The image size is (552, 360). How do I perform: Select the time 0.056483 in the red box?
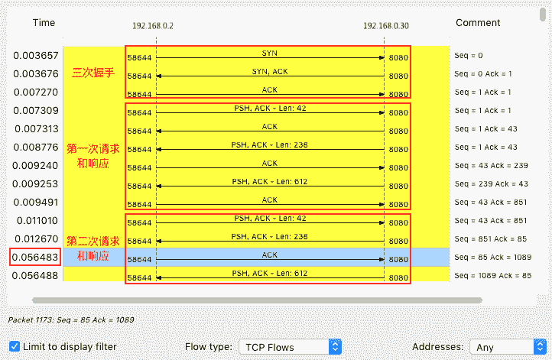[x=35, y=258]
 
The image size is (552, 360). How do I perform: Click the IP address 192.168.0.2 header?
[x=152, y=25]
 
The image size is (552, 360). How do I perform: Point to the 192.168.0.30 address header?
[x=386, y=25]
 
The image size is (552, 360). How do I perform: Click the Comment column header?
[x=478, y=23]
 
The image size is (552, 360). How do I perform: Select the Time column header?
[x=44, y=23]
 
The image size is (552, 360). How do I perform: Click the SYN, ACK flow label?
[x=270, y=71]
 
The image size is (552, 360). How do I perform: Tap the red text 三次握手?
[x=93, y=73]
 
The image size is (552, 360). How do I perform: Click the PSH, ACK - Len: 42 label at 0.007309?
[x=270, y=109]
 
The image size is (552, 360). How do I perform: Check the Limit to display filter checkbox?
[x=15, y=346]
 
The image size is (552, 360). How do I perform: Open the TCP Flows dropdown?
[x=290, y=347]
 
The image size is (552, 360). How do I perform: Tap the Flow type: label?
[x=209, y=347]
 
